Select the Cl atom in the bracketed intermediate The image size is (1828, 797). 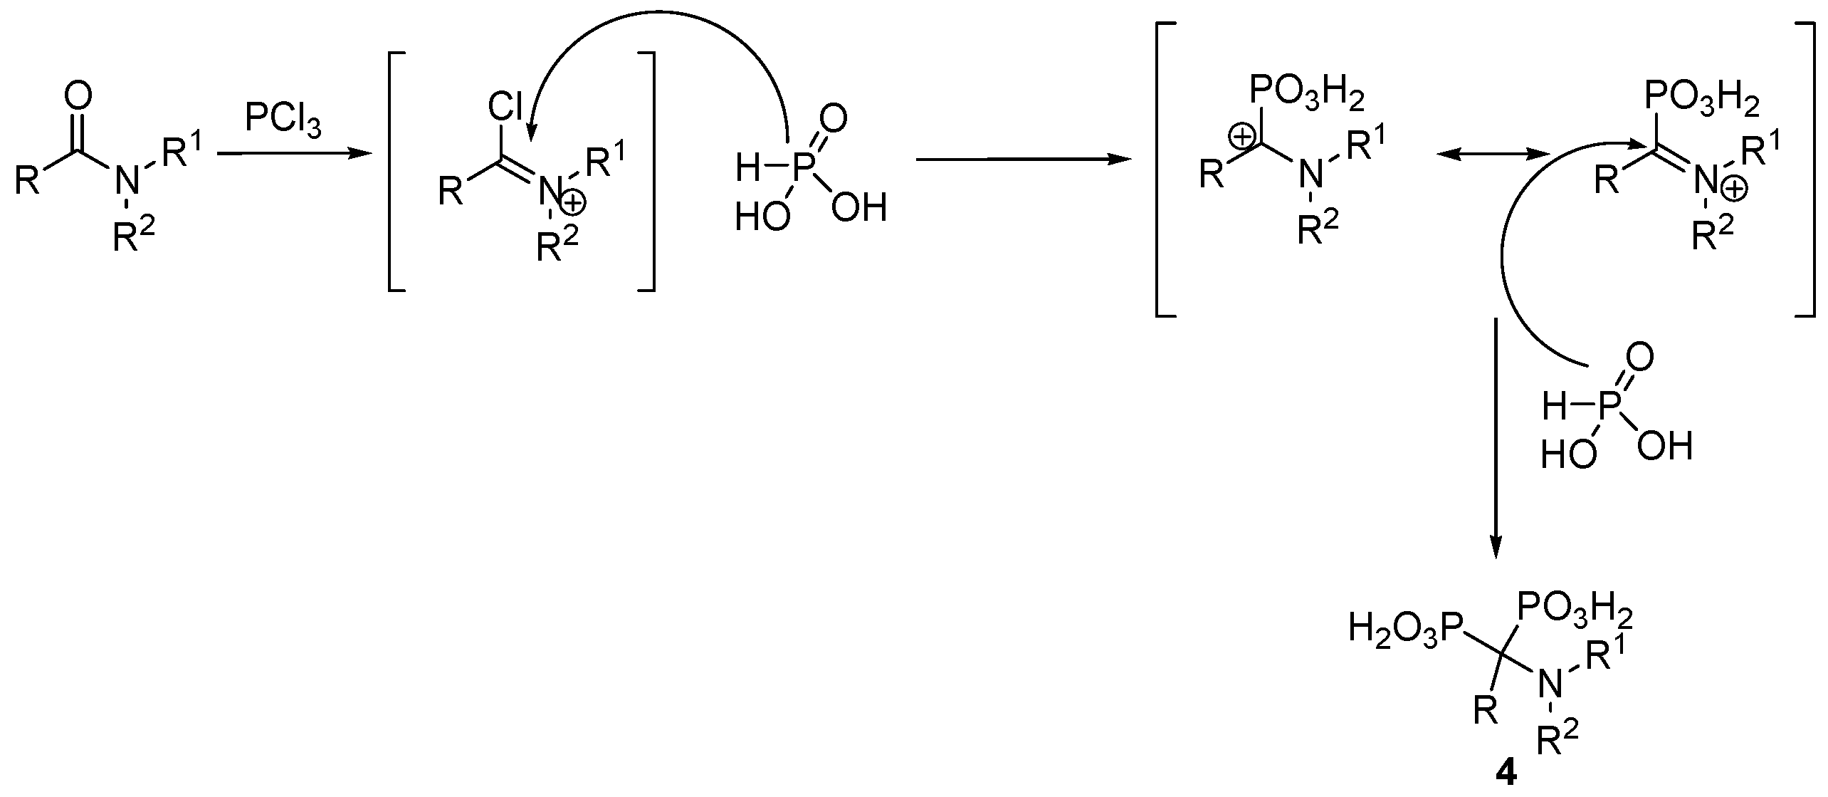click(x=505, y=108)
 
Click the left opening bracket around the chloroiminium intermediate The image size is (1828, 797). click(x=394, y=171)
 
